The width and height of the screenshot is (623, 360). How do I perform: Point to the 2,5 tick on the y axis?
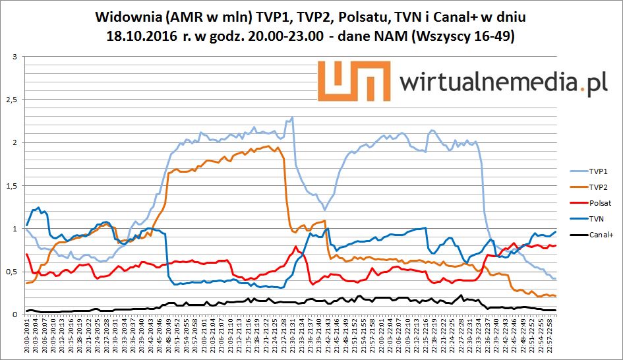10,100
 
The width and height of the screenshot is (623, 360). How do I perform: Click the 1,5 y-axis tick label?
10,186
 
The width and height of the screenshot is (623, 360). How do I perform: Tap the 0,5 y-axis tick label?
10,272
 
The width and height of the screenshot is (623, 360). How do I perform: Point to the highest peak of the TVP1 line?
291,118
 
